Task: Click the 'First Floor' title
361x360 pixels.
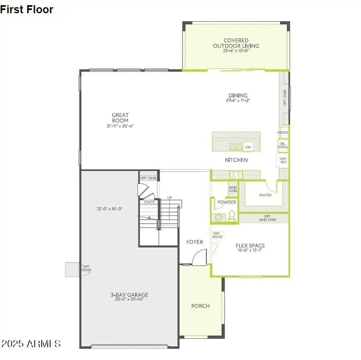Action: tap(27, 10)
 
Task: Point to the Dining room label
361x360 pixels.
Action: tap(238, 95)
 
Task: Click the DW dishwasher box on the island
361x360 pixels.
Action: tap(248, 147)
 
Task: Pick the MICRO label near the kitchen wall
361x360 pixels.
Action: tap(283, 133)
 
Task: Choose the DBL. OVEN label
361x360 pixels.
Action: tap(283, 145)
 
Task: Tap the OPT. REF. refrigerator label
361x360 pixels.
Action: tap(283, 161)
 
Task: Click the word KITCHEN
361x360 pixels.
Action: tap(236, 160)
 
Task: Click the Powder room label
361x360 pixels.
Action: tap(227, 202)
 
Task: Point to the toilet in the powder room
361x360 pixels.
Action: tap(231, 216)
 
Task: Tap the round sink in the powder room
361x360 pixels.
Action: tap(219, 217)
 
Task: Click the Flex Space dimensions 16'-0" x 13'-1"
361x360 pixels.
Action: tap(250, 251)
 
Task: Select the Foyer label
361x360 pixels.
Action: tap(195, 242)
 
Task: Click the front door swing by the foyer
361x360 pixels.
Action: tap(199, 258)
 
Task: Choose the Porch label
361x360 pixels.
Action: tap(200, 306)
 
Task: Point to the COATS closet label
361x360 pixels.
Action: tap(150, 202)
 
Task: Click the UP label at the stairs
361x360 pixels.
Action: tap(169, 198)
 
